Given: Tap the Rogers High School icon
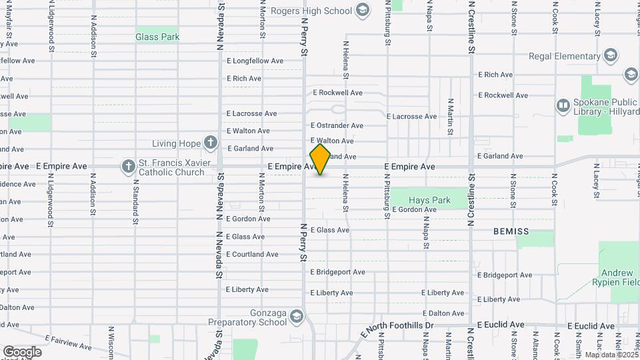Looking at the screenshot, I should click(362, 10).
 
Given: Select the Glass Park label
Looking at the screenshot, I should click(157, 37).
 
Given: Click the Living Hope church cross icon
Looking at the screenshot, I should click(211, 143).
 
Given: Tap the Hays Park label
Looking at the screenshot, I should click(429, 200).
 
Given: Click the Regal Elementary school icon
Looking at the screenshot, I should click(611, 56).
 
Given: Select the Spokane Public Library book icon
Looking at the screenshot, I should click(563, 105).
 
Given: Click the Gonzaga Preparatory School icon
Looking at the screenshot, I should click(296, 316).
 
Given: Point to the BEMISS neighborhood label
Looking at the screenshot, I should click(511, 231).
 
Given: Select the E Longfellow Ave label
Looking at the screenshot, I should click(255, 61).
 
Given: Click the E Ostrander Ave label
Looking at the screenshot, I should click(337, 125).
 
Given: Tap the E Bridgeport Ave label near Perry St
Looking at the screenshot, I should click(337, 272).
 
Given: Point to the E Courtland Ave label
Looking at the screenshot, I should click(252, 254).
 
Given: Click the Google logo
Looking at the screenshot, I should click(22, 351).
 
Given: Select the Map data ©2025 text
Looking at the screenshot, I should click(611, 355).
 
